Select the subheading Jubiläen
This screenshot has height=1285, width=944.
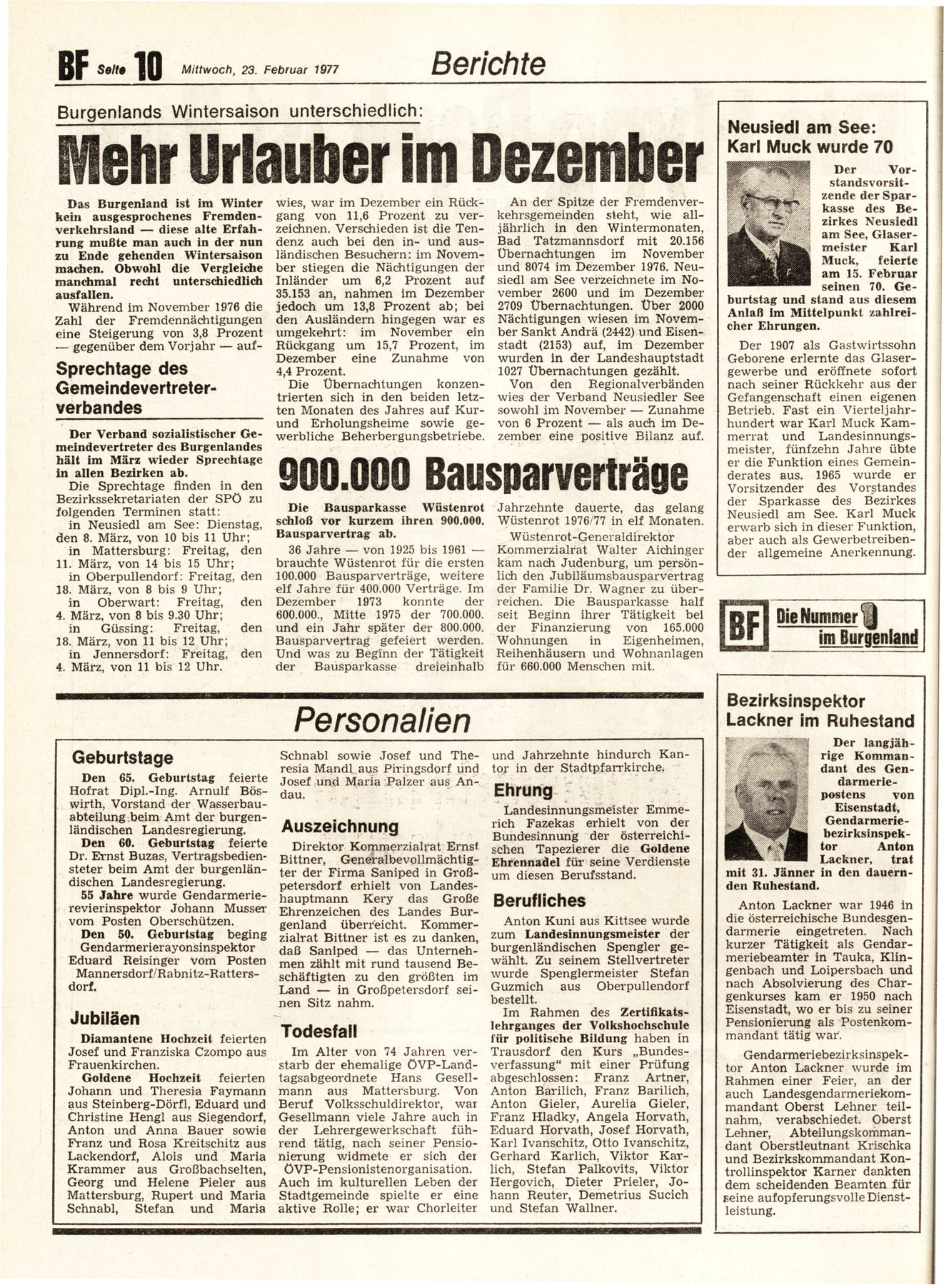pos(104,1018)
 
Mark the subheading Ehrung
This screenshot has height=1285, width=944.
pos(523,790)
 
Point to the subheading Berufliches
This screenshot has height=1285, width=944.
pos(539,900)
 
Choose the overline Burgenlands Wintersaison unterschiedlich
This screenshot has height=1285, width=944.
pos(241,111)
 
